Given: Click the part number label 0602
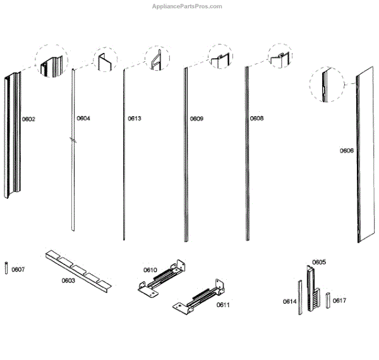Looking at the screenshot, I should [x=28, y=119].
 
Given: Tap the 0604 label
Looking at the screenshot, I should [x=83, y=118].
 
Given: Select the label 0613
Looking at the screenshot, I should [x=135, y=118].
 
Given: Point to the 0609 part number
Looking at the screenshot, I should [x=196, y=118].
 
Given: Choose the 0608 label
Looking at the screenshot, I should [x=256, y=118].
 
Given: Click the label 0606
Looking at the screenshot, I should [x=346, y=150].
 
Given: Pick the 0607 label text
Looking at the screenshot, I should [x=18, y=270].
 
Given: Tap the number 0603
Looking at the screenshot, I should [x=68, y=280].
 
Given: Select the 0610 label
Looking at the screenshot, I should [x=150, y=270].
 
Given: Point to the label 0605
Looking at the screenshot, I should [x=319, y=261].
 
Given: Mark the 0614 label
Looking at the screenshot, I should [x=289, y=301].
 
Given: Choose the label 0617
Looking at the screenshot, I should [x=339, y=300].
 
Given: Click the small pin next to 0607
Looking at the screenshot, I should [x=6, y=268].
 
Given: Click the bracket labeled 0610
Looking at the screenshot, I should [x=162, y=278].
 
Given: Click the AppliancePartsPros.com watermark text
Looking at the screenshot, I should [x=188, y=6].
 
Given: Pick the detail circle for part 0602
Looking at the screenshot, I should [x=51, y=61].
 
